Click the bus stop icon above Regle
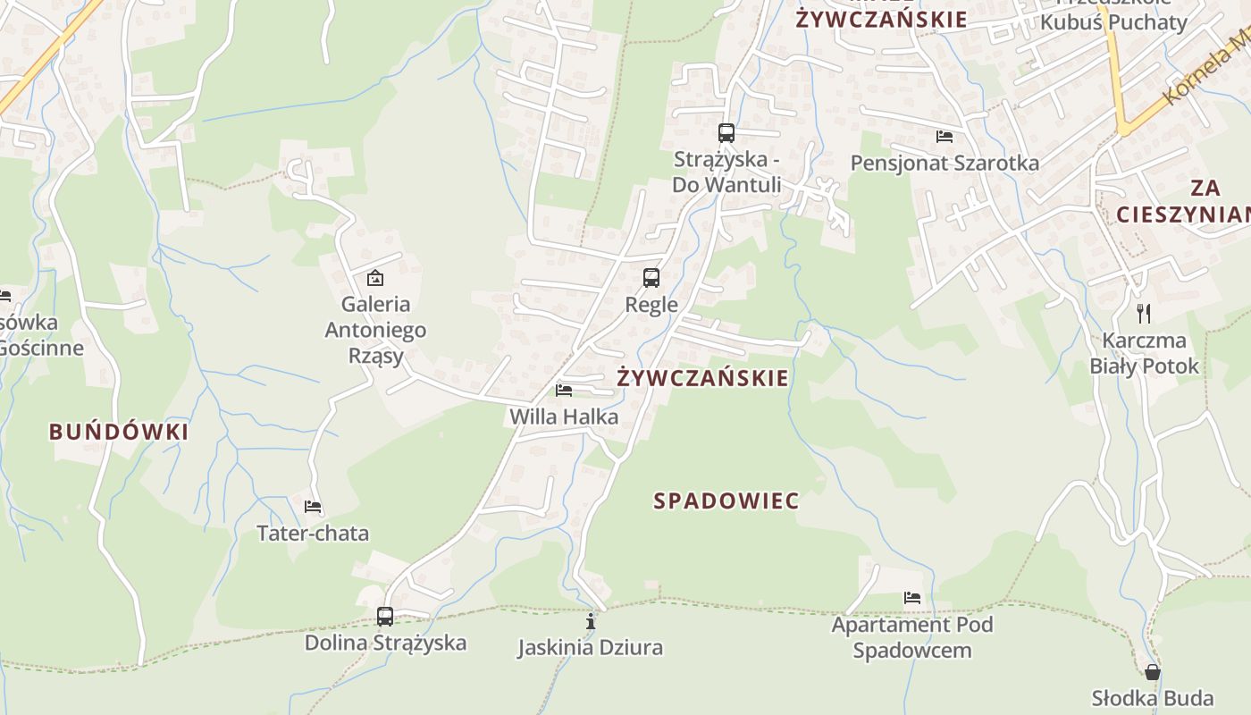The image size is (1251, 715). (x=651, y=278)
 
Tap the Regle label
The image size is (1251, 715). (x=651, y=305)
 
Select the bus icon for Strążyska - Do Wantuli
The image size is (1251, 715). (x=726, y=133)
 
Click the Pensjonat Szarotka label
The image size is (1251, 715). (x=945, y=163)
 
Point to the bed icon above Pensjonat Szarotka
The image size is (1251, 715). (x=945, y=137)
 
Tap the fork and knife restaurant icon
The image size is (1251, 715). (x=1143, y=313)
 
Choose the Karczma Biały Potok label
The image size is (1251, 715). (x=1144, y=353)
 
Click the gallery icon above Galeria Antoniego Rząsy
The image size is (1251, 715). (x=375, y=278)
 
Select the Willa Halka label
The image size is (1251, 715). (x=564, y=416)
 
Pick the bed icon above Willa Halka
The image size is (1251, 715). (x=564, y=390)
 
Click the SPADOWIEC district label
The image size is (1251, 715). (x=726, y=500)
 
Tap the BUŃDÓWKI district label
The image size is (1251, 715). (x=119, y=433)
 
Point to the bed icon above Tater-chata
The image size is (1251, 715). (x=313, y=507)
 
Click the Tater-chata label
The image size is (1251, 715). (x=313, y=534)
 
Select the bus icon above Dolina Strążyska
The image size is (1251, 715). (x=385, y=616)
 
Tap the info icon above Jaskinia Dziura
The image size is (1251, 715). (x=590, y=621)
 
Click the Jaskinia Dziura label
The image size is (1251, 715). (x=590, y=647)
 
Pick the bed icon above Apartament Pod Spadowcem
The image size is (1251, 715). (x=912, y=598)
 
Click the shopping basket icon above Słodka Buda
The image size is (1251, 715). (x=1153, y=672)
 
